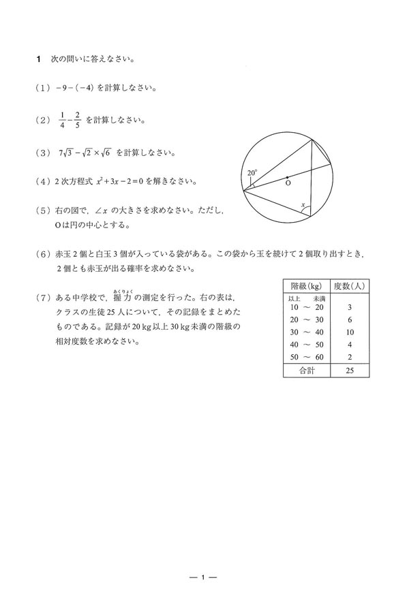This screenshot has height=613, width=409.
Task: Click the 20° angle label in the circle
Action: coord(252,173)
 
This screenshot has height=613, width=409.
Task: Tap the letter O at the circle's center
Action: coord(288,184)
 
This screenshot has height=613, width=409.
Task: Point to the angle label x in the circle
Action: coord(303,203)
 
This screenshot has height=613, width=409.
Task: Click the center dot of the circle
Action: coord(287,178)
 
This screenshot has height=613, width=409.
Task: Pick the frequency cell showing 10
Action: coord(350,332)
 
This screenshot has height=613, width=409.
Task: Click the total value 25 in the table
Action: coord(350,371)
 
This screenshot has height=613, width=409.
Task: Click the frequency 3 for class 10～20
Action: coord(350,307)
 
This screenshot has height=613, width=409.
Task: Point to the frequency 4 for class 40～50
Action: coord(350,345)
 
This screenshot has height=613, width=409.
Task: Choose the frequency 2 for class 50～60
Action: coord(350,357)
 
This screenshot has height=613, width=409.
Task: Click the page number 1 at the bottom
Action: coord(203,578)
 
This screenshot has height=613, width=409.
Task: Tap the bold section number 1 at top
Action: coord(40,59)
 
